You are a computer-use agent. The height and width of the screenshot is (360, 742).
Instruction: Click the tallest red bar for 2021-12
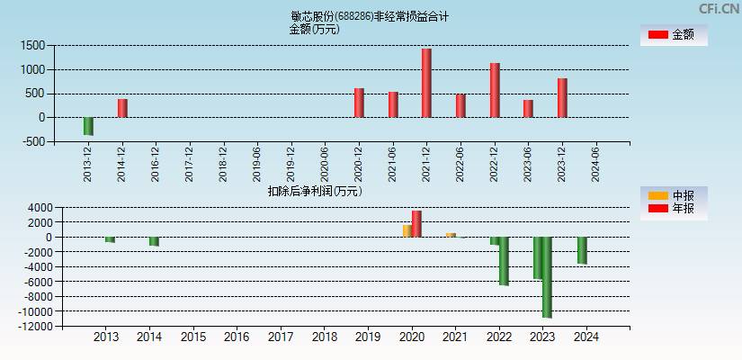[x=426, y=83]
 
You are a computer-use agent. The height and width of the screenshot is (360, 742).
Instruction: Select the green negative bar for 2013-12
[x=88, y=126]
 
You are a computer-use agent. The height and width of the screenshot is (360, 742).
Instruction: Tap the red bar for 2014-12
[x=122, y=108]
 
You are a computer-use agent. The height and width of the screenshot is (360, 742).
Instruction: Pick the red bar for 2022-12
[x=495, y=90]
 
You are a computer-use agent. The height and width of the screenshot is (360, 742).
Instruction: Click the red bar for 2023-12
[x=562, y=98]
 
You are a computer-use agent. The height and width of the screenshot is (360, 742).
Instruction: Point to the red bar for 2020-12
[x=359, y=103]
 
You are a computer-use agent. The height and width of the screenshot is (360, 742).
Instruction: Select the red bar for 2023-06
[x=528, y=109]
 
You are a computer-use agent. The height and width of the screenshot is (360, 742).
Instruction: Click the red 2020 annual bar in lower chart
[x=416, y=224]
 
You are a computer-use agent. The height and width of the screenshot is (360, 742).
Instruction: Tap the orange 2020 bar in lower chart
[x=407, y=231]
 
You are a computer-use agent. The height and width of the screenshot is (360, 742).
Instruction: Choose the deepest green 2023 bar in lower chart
[x=547, y=277]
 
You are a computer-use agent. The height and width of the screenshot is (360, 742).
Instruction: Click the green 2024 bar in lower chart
[x=582, y=250]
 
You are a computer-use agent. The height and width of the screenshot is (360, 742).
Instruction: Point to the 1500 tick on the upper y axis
[x=33, y=45]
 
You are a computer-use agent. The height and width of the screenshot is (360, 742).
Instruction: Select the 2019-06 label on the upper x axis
[x=257, y=165]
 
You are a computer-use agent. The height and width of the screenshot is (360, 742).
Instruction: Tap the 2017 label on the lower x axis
[x=281, y=337]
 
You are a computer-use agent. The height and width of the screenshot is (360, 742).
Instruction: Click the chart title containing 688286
[x=370, y=16]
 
